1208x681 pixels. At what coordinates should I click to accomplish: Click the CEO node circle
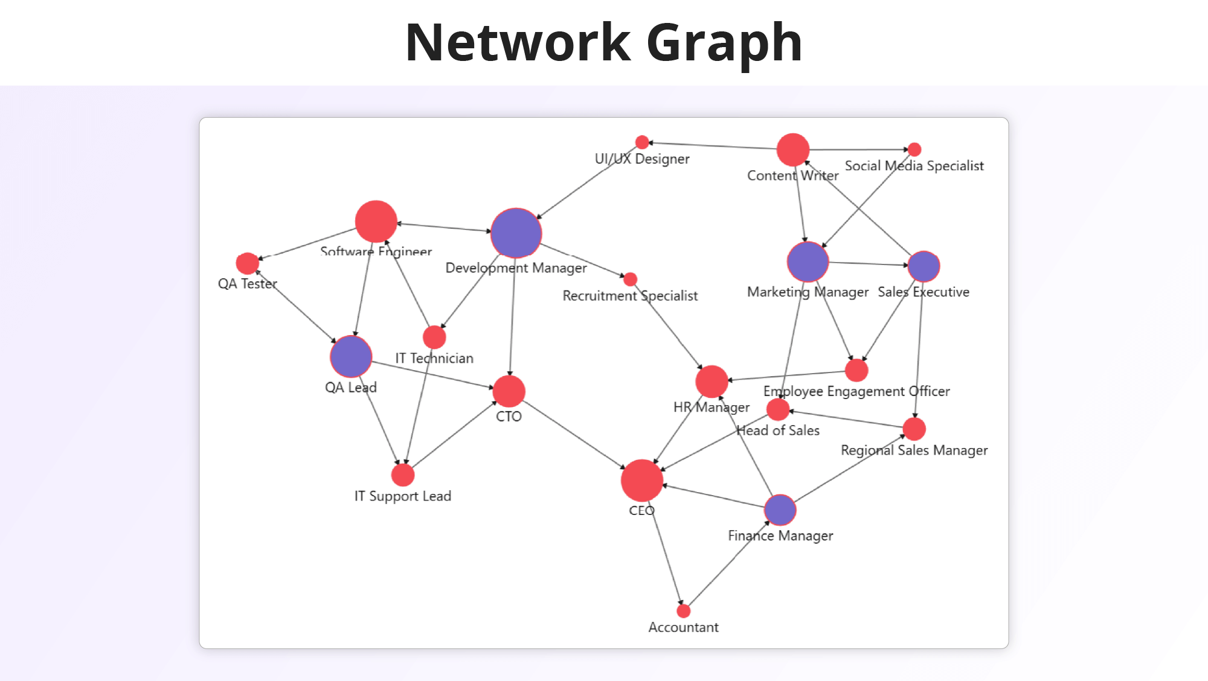[x=641, y=481]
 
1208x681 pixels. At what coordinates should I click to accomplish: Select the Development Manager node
[x=516, y=234]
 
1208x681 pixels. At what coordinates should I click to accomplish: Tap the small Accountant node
[x=683, y=611]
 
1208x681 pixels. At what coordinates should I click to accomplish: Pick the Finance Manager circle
[x=780, y=510]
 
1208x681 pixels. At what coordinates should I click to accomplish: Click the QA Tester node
[x=247, y=263]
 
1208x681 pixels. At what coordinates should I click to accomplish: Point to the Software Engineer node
[x=376, y=222]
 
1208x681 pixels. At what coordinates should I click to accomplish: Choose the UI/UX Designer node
[x=642, y=142]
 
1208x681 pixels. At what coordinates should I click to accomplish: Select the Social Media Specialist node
[x=914, y=149]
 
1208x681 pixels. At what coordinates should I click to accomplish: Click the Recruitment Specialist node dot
[x=630, y=279]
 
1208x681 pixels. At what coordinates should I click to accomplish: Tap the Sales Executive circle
[x=924, y=266]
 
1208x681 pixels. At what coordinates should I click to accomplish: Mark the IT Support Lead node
[x=403, y=475]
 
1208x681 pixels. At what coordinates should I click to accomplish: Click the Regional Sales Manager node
[x=914, y=429]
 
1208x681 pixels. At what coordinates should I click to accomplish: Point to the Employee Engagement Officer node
[x=856, y=370]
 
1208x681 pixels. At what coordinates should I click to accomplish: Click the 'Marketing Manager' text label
[x=808, y=292]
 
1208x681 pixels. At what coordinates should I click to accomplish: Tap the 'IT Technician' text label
[x=434, y=359]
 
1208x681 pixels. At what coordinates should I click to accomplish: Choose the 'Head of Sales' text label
[x=778, y=430]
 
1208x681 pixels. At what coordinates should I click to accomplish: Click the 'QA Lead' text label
[x=350, y=388]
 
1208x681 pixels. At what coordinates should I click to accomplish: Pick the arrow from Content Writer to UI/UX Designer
[x=713, y=145]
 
